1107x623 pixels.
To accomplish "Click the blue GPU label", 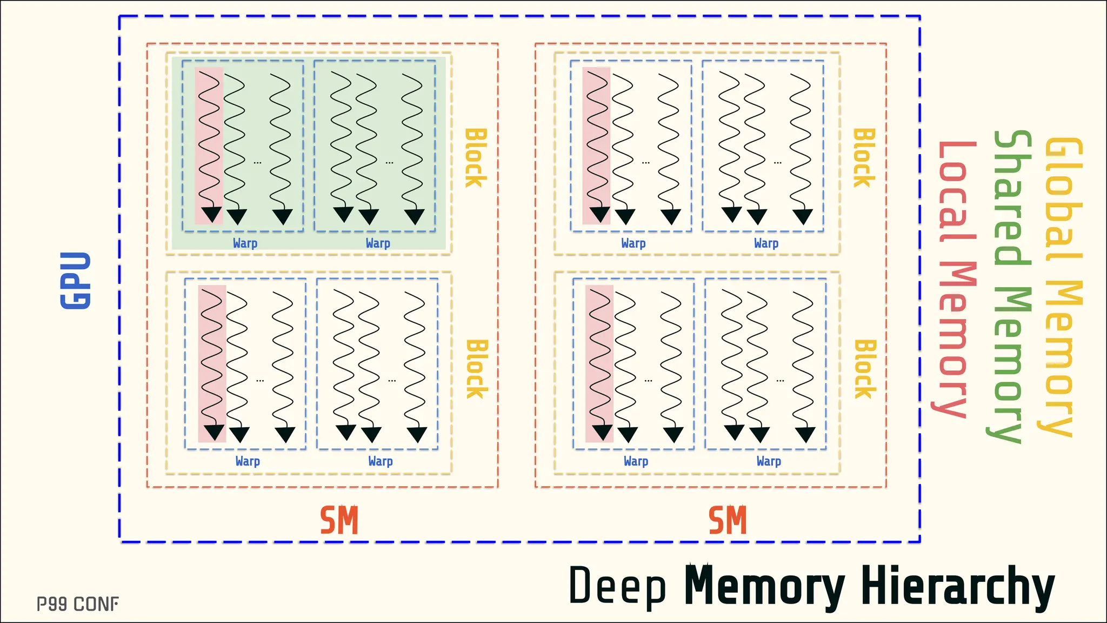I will pyautogui.click(x=75, y=280).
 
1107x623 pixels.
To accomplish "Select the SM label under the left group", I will pyautogui.click(x=339, y=520).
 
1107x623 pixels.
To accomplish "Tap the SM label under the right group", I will pyautogui.click(x=728, y=520).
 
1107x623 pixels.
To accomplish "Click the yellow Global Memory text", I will pyautogui.click(x=1062, y=287).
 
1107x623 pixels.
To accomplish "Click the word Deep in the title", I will pyautogui.click(x=617, y=586).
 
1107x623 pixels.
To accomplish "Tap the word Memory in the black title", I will pyautogui.click(x=764, y=586).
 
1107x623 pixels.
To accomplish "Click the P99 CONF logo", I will pyautogui.click(x=78, y=604).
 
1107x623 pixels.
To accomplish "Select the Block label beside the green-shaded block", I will pyautogui.click(x=475, y=158).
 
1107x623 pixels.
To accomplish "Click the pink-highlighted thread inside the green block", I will pyautogui.click(x=209, y=141).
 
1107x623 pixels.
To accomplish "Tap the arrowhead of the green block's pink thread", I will pyautogui.click(x=211, y=214).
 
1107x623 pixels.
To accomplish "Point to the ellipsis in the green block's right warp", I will pyautogui.click(x=390, y=162).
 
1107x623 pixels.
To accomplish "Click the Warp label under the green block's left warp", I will pyautogui.click(x=245, y=243).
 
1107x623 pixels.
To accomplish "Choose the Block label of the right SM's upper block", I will pyautogui.click(x=863, y=158).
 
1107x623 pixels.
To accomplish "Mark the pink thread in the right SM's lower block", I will pyautogui.click(x=599, y=357).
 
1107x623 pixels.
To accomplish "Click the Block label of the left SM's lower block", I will pyautogui.click(x=476, y=369).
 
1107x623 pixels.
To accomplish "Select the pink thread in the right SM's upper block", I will pyautogui.click(x=596, y=141).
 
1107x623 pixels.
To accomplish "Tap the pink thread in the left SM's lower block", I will pyautogui.click(x=212, y=357).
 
